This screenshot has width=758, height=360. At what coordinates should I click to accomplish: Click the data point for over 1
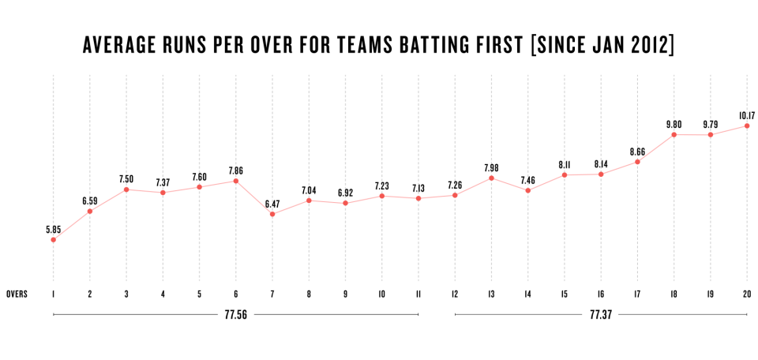(x=53, y=240)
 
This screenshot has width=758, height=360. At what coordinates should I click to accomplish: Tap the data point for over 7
(x=272, y=214)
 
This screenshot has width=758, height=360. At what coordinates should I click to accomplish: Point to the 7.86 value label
(x=236, y=171)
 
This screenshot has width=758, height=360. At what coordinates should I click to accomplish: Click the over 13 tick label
(x=491, y=294)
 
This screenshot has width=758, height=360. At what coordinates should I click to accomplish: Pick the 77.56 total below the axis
(x=235, y=314)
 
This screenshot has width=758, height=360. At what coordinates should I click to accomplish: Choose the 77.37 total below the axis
(x=600, y=314)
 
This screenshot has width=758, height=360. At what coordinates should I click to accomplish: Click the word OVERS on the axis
(x=17, y=294)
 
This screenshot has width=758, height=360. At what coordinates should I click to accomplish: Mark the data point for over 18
(x=674, y=134)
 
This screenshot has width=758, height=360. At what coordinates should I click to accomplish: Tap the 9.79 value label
(x=710, y=124)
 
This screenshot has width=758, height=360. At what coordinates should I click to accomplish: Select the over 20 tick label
(x=747, y=294)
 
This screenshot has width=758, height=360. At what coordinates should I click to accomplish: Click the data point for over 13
(x=491, y=178)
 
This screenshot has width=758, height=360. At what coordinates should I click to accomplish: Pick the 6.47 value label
(x=272, y=204)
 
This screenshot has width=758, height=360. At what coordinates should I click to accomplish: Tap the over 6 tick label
(x=236, y=294)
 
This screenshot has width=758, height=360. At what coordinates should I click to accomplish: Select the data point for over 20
(x=747, y=126)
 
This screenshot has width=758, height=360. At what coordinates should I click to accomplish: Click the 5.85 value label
(x=53, y=229)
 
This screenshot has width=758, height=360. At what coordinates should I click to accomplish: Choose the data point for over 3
(x=126, y=189)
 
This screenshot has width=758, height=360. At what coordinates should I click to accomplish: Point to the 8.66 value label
(x=637, y=152)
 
